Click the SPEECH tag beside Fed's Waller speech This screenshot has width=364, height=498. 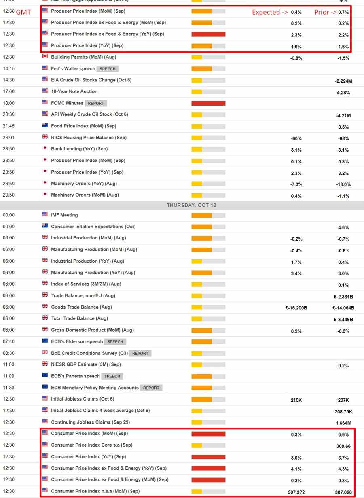(108, 69)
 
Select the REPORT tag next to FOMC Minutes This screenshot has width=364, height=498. (96, 103)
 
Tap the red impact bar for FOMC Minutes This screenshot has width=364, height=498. (208, 103)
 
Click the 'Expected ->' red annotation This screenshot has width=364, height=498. (270, 12)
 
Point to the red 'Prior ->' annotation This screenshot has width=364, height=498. (326, 12)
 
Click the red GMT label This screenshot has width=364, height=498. (23, 12)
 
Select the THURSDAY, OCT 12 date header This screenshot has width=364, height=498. (191, 205)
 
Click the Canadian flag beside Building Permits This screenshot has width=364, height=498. (45, 57)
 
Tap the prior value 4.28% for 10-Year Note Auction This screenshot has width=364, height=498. (343, 93)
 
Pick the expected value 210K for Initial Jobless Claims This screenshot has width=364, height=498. (296, 400)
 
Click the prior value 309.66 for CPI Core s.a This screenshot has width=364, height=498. (343, 446)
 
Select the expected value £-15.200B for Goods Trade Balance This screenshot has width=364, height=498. (296, 308)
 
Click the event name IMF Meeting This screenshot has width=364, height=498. (64, 215)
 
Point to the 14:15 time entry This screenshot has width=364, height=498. (8, 69)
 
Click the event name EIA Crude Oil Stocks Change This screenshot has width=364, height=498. (91, 80)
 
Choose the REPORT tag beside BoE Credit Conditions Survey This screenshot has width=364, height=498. (140, 353)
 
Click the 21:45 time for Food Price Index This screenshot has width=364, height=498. (8, 126)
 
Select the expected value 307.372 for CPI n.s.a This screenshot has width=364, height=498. (296, 492)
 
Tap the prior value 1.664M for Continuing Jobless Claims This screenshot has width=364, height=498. (343, 423)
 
